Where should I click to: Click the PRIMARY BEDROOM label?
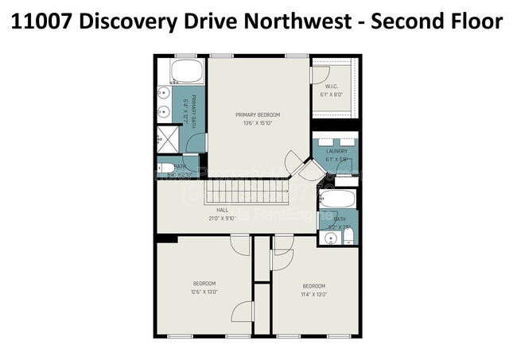(258, 115)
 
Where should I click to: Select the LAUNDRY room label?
(336, 151)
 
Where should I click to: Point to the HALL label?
(224, 210)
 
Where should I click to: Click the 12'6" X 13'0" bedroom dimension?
(204, 292)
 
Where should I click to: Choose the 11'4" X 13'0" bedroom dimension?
(313, 294)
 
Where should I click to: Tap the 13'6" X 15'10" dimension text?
(258, 123)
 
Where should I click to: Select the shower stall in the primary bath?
(168, 139)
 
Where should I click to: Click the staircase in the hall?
(242, 191)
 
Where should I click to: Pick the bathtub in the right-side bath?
(339, 199)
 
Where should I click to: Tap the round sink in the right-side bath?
(332, 236)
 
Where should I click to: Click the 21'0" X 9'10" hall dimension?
(224, 218)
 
